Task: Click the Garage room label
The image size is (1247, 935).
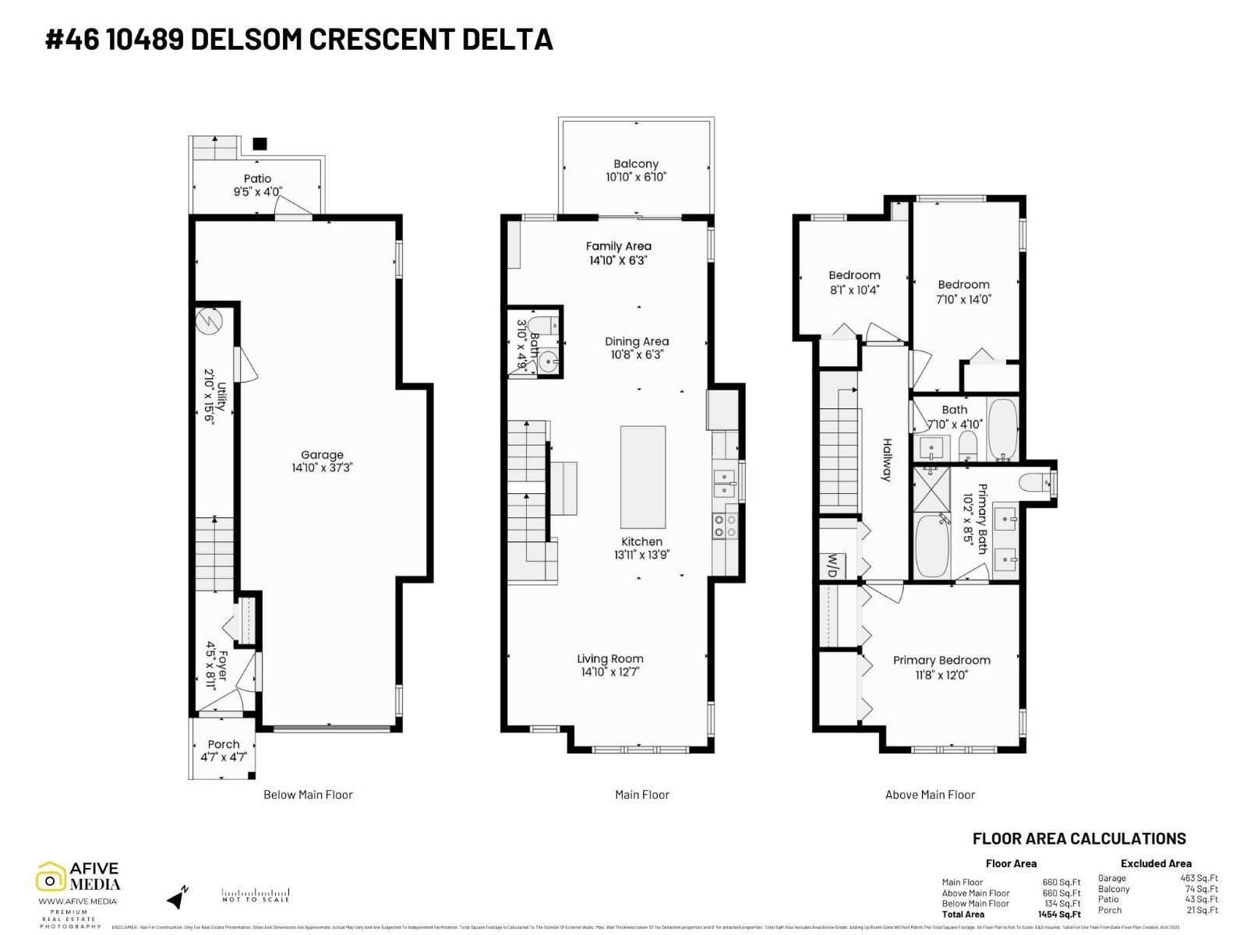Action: point(322,455)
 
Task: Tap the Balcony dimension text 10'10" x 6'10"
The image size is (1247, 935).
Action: point(636,177)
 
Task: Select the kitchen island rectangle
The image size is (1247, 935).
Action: point(643,477)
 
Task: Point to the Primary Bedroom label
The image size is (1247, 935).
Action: point(941,660)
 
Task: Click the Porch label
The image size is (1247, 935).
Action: point(224,744)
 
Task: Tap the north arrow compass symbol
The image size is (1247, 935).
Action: point(178,898)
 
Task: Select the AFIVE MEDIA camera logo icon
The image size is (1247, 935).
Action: point(51,878)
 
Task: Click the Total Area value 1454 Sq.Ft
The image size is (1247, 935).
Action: point(1061,914)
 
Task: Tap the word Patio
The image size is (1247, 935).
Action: point(257,178)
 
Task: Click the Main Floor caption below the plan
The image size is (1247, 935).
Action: point(641,795)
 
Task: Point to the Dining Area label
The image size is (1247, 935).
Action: point(637,341)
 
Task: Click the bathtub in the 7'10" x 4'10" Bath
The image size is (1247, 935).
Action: point(1002,430)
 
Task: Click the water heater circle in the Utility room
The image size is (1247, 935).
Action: point(210,321)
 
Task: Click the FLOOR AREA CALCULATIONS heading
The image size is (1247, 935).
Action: point(1079,838)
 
